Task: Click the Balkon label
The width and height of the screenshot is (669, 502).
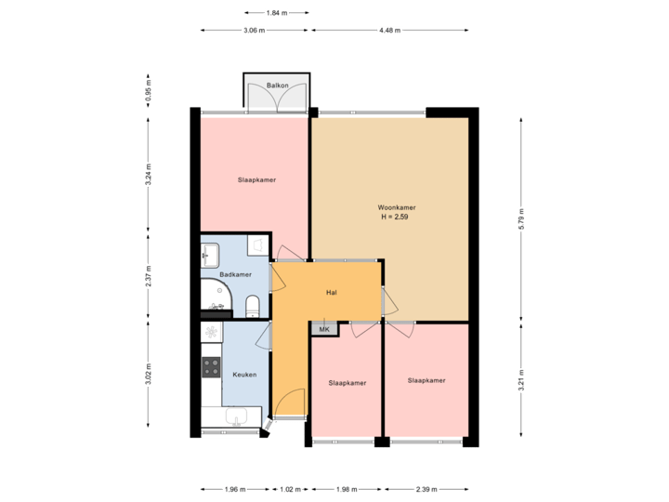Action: pyautogui.click(x=276, y=85)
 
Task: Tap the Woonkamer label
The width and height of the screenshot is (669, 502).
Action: pyautogui.click(x=396, y=206)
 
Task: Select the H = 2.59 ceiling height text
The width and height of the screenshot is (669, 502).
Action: pyautogui.click(x=395, y=217)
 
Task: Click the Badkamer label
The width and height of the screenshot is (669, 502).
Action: pyautogui.click(x=235, y=275)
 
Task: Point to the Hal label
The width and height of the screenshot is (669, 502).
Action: pyautogui.click(x=331, y=292)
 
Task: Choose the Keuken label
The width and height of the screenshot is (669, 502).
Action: pyautogui.click(x=243, y=375)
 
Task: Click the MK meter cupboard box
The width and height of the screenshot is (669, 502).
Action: pyautogui.click(x=324, y=330)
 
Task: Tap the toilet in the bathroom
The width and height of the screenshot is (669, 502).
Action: pyautogui.click(x=252, y=306)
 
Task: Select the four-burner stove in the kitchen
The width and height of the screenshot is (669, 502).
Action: pyautogui.click(x=212, y=367)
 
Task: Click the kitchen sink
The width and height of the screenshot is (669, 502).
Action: pyautogui.click(x=232, y=416)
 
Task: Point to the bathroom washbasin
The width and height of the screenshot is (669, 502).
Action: pyautogui.click(x=210, y=254)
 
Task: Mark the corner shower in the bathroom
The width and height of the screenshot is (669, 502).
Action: pyautogui.click(x=216, y=297)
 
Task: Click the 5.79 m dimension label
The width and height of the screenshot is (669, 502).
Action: pyautogui.click(x=521, y=218)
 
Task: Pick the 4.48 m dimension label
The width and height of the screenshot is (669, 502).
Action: pyautogui.click(x=390, y=31)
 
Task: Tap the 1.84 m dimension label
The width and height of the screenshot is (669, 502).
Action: pyautogui.click(x=275, y=13)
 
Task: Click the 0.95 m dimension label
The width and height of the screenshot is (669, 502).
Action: pyautogui.click(x=148, y=90)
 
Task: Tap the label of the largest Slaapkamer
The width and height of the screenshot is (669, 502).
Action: pyautogui.click(x=256, y=180)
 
